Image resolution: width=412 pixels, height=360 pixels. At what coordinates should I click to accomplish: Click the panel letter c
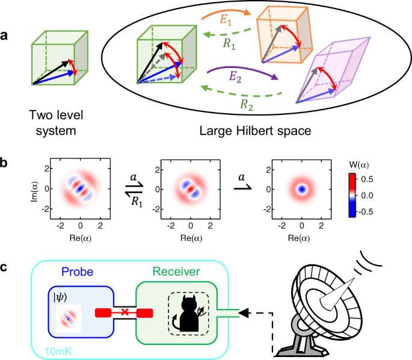coord(5,252)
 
